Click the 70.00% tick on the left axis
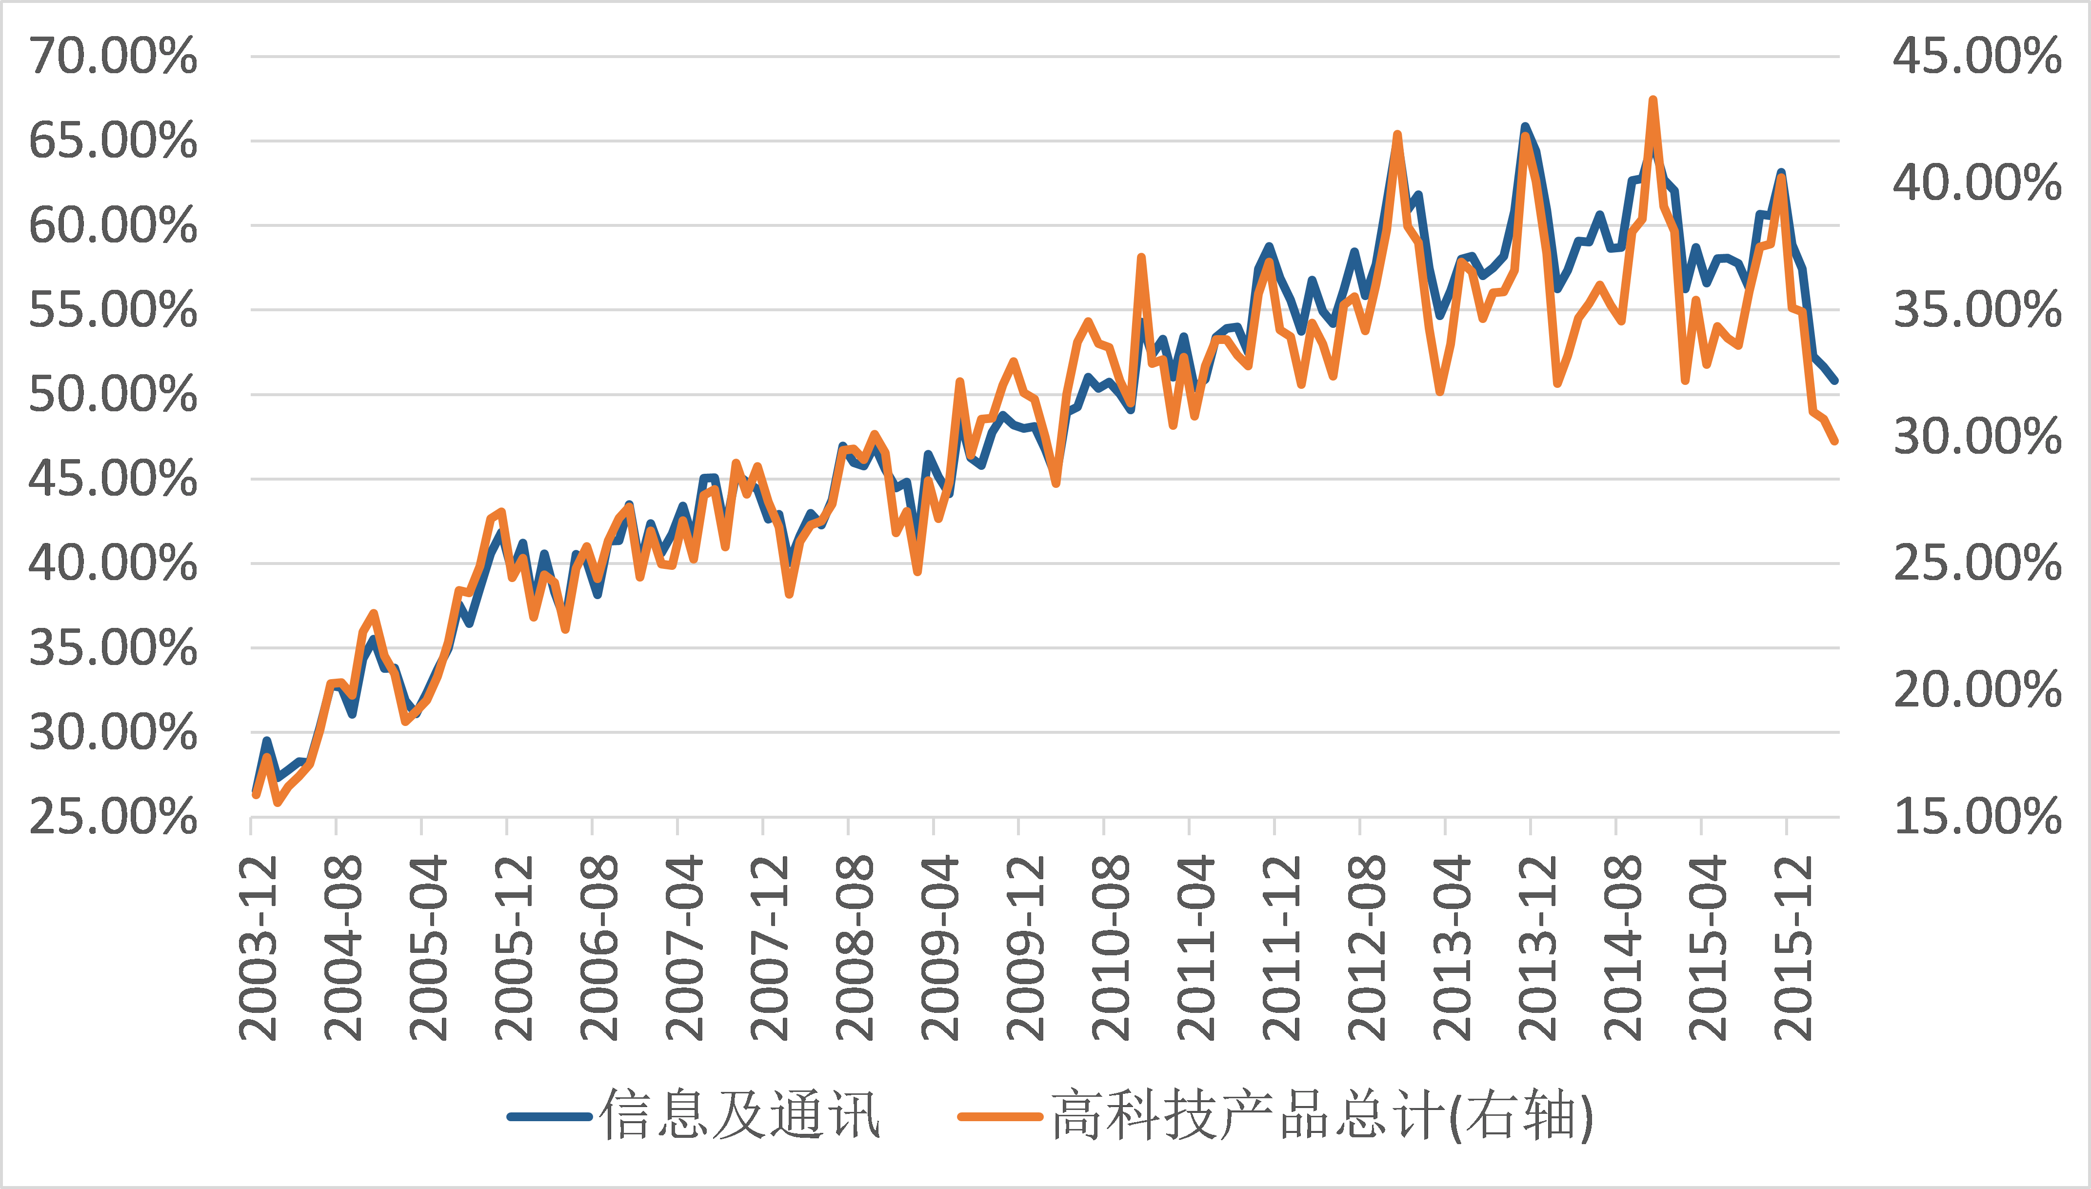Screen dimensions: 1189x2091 pyautogui.click(x=113, y=57)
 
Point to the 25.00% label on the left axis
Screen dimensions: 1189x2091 pyautogui.click(x=113, y=817)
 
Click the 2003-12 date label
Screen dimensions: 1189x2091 pyautogui.click(x=258, y=947)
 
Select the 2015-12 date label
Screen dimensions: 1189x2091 pyautogui.click(x=1793, y=947)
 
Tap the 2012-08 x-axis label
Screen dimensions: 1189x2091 pyautogui.click(x=1366, y=947)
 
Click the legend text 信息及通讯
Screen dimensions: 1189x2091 pyautogui.click(x=739, y=1115)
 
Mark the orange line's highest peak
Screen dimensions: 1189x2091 pyautogui.click(x=1653, y=101)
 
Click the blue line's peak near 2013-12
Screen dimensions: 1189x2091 pyautogui.click(x=1525, y=127)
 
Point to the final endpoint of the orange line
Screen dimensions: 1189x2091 pyautogui.click(x=1835, y=441)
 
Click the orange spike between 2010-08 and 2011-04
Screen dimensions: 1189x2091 pyautogui.click(x=1141, y=258)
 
